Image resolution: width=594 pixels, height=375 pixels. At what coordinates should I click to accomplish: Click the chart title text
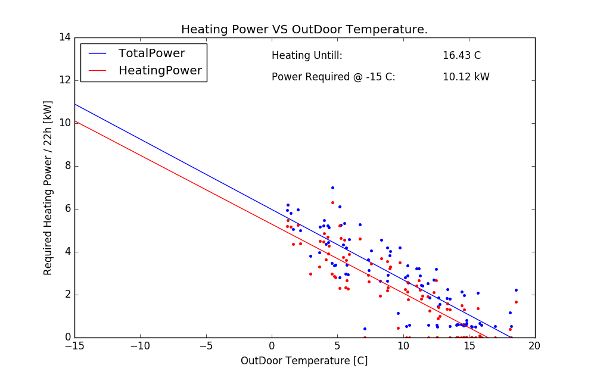coord(304,30)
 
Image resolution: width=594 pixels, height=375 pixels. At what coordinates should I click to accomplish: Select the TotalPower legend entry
coord(151,54)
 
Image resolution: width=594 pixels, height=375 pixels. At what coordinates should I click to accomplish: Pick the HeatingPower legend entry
coord(160,71)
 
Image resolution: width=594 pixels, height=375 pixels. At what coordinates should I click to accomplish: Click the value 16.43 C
coord(461,56)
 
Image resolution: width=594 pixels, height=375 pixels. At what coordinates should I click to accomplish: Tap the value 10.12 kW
coord(466,77)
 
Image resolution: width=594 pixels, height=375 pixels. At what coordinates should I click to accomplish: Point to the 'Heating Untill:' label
coord(307,56)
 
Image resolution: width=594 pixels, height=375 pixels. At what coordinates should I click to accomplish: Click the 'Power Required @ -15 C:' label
coord(333,77)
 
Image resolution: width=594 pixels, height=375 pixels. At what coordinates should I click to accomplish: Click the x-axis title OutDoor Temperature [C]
coord(304,361)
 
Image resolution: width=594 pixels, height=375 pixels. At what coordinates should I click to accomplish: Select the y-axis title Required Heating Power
coord(48,187)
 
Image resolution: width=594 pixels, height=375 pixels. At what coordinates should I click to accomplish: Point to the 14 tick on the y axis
coord(64,37)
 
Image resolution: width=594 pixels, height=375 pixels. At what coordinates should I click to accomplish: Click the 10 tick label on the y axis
coord(64,123)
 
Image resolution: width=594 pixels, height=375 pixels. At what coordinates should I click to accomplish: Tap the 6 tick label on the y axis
coord(67,209)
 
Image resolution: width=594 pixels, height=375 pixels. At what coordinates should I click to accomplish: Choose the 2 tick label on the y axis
coord(67,295)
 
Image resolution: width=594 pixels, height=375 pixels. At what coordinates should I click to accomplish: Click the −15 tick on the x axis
coord(74,346)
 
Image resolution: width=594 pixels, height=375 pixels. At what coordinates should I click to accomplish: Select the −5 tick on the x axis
coord(206,346)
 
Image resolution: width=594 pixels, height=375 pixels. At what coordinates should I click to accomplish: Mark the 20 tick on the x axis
coord(534,346)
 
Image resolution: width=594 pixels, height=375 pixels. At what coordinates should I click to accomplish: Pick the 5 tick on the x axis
coord(337,346)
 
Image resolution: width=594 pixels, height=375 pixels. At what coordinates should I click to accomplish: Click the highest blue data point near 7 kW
coord(332,187)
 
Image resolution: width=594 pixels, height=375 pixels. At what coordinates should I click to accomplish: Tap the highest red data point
coord(332,202)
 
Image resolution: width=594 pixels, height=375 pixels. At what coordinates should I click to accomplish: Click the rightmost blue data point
coord(516,290)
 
